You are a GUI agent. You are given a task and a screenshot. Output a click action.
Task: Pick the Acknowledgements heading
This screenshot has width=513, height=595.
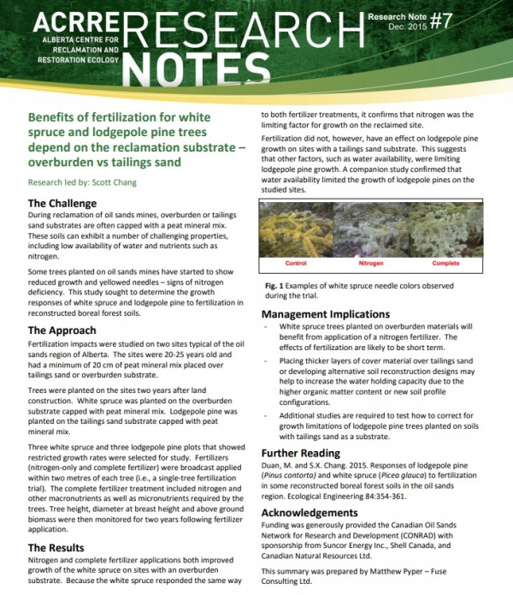tap(312, 512)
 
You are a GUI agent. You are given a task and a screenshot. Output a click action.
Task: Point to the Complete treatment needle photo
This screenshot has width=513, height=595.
tap(446, 229)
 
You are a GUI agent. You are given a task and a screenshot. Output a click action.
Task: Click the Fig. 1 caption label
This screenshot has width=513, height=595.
tap(272, 283)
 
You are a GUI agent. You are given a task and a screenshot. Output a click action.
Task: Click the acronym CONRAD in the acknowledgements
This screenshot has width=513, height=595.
tap(388, 540)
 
